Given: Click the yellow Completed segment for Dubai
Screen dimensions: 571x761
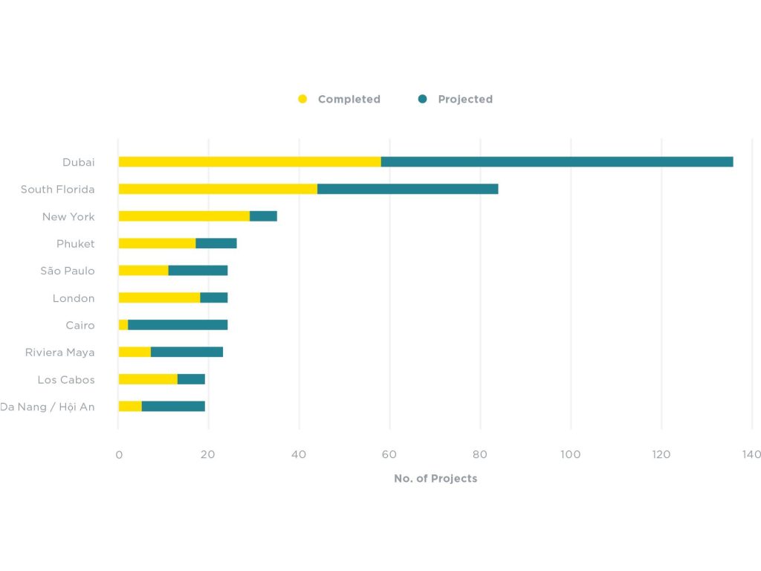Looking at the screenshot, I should click(250, 162).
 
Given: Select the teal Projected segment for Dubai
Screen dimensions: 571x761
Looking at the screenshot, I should click(557, 162).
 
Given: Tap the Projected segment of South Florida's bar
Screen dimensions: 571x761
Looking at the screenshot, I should click(407, 189).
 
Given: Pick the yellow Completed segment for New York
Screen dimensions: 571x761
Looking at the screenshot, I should click(184, 216).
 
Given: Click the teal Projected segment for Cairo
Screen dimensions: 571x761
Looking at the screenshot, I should click(178, 325).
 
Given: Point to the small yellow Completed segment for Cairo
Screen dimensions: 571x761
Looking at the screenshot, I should click(123, 325).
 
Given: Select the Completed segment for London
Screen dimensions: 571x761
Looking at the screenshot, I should click(159, 298).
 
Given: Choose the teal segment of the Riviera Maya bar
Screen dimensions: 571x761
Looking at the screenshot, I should click(187, 352).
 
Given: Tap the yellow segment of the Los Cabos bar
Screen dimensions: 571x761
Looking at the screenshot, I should click(148, 379).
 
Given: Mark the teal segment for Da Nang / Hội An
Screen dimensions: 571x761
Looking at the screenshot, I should click(173, 407).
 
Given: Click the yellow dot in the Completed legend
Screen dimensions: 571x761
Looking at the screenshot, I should click(302, 99).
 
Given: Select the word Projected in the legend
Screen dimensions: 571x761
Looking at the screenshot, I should click(465, 100).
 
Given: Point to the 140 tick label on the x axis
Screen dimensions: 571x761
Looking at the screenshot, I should click(751, 454).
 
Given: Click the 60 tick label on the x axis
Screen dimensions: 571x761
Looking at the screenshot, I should click(389, 454).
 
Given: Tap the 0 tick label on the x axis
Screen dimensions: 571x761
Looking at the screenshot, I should click(119, 454).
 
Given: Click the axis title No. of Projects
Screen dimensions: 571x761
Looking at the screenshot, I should click(435, 479).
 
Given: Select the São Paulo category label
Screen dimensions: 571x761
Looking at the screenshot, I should click(68, 271).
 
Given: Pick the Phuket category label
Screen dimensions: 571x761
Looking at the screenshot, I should click(76, 244).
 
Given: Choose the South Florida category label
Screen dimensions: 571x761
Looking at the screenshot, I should click(58, 190).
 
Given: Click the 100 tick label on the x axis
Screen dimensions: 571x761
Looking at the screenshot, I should click(571, 454).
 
